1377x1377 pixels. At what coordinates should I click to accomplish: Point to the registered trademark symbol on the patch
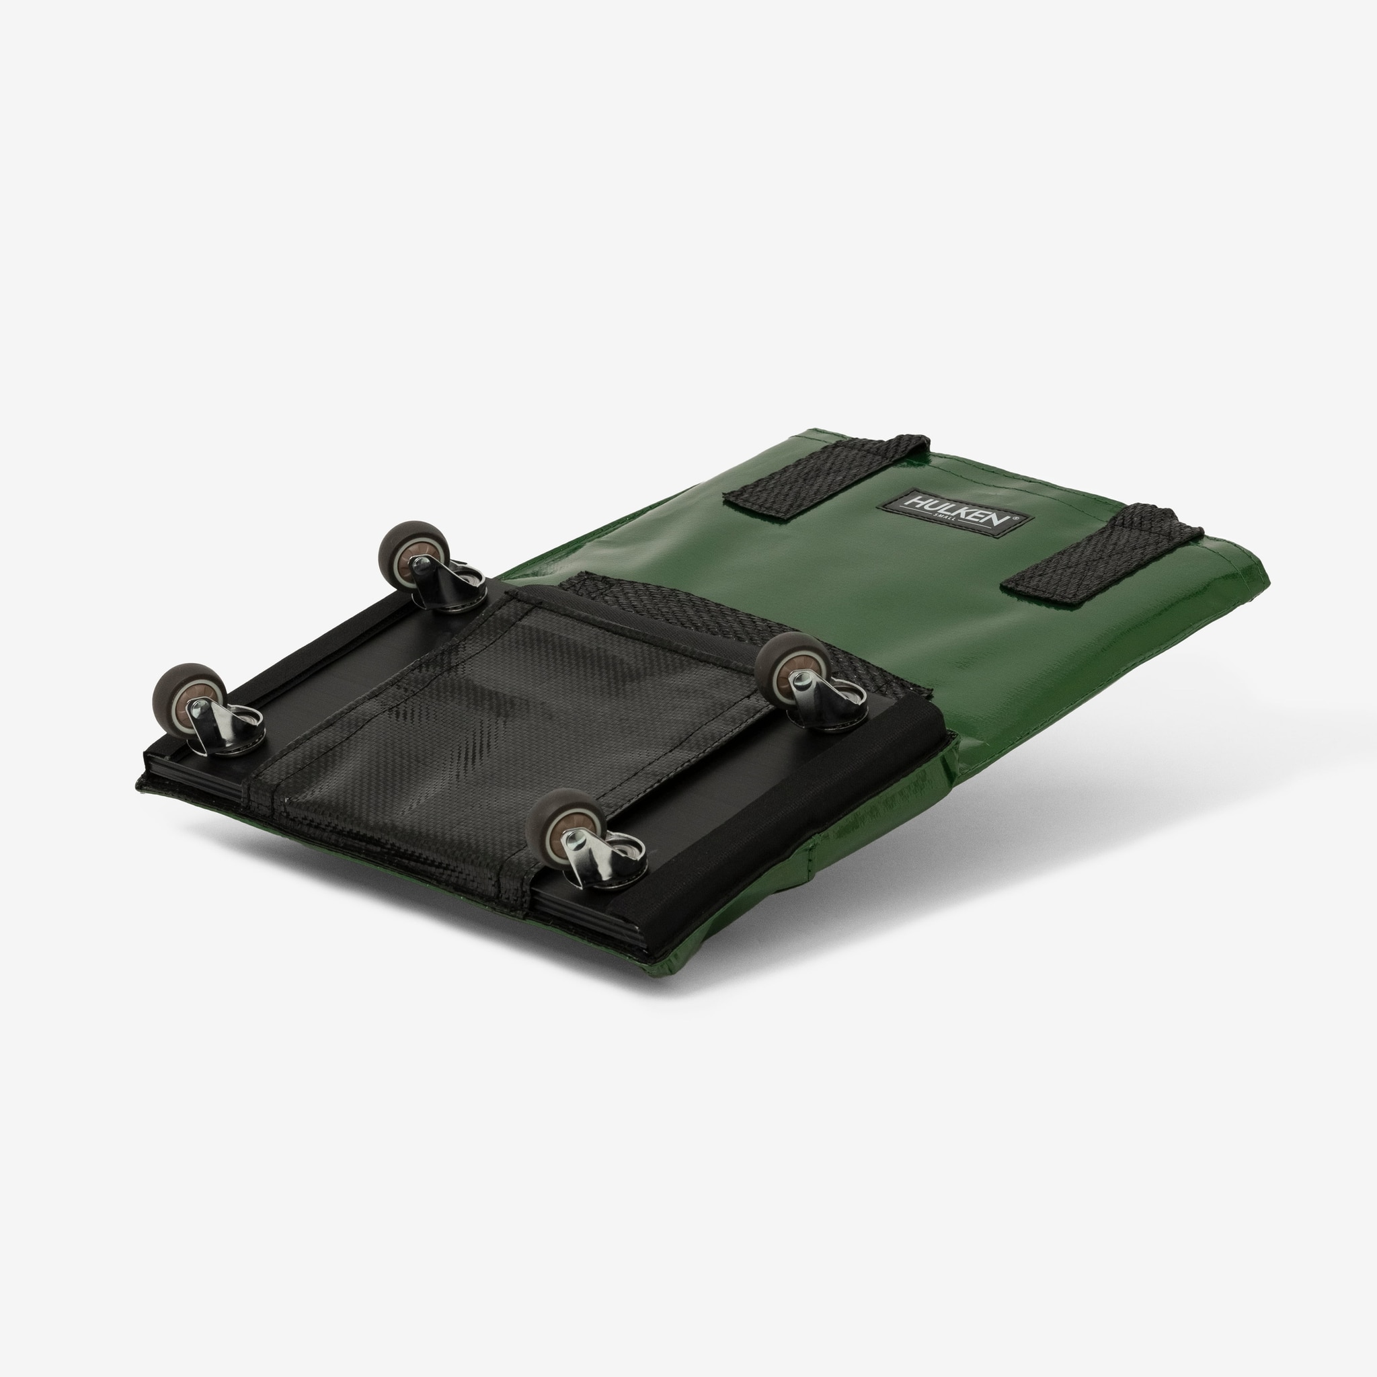(x=1015, y=520)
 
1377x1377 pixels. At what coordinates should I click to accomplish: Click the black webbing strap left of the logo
(x=827, y=473)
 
